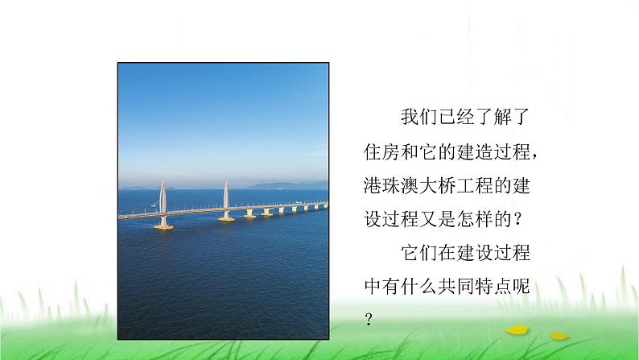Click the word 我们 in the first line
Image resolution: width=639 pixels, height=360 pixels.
point(419,117)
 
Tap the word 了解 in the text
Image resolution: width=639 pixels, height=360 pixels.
point(493,117)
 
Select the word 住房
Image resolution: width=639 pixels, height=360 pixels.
point(381,151)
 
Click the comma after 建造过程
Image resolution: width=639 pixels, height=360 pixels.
point(535,157)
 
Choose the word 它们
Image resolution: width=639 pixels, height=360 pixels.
point(419,253)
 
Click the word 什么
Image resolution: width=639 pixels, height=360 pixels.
point(419,287)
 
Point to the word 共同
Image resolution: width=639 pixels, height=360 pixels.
point(456,287)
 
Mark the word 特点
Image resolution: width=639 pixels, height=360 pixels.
point(493,287)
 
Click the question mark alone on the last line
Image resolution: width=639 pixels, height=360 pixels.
point(369,319)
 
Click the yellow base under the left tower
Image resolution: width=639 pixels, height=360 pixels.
point(163,226)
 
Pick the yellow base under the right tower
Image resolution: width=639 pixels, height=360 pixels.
point(226,219)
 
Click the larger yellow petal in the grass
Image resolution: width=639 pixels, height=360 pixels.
point(517,329)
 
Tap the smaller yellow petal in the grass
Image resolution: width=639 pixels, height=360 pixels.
point(559,336)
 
